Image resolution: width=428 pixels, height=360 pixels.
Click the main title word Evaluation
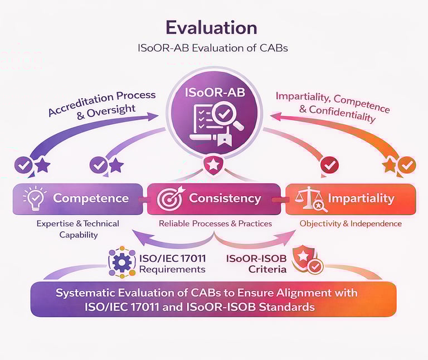[x=211, y=27]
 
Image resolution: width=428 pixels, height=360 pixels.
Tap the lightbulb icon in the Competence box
[x=33, y=198]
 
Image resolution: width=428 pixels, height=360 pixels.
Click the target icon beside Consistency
[x=169, y=199]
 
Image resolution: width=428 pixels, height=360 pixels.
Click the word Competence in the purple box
[x=90, y=198]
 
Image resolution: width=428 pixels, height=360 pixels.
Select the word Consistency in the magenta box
[x=225, y=198]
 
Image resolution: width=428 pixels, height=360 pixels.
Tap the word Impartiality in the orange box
[x=361, y=198]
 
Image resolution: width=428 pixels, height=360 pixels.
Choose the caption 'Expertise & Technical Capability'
[x=77, y=228]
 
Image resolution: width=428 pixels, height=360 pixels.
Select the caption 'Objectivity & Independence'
[x=350, y=223]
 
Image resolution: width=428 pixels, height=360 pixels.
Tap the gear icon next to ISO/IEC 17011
[x=121, y=262]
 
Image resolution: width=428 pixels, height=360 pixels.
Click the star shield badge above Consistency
[x=213, y=164]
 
